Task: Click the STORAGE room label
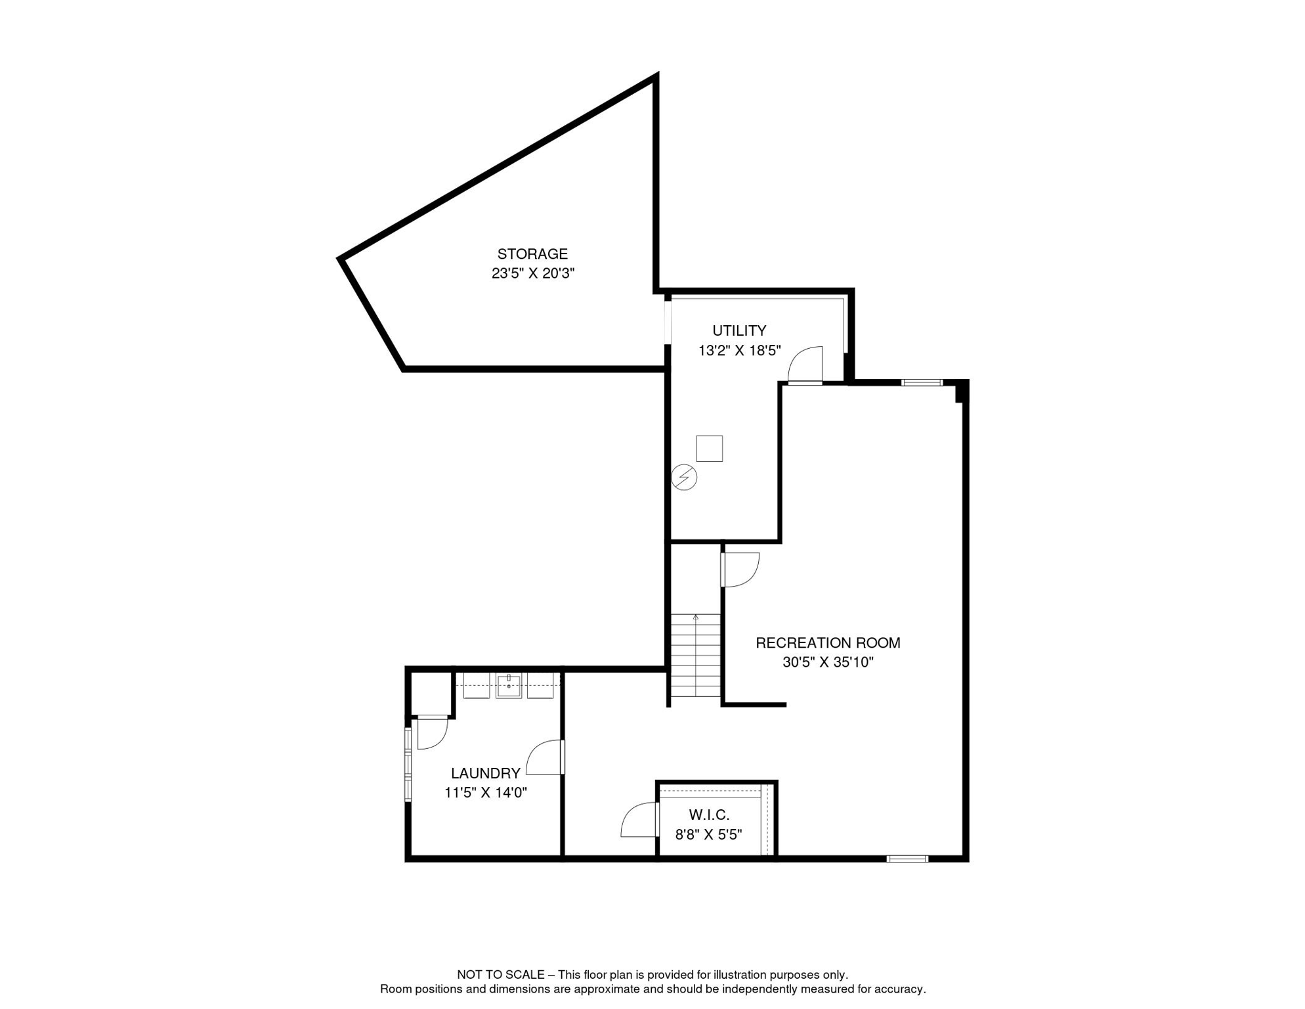pyautogui.click(x=532, y=254)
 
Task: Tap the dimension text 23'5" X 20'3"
pyautogui.click(x=532, y=273)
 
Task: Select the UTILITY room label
pyautogui.click(x=739, y=330)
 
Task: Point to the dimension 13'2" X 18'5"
pyautogui.click(x=739, y=350)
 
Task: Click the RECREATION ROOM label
pyautogui.click(x=828, y=642)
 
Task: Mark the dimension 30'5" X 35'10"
pyautogui.click(x=828, y=662)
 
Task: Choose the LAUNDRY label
pyautogui.click(x=485, y=773)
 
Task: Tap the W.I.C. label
pyautogui.click(x=709, y=815)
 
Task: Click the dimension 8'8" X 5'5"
pyautogui.click(x=708, y=834)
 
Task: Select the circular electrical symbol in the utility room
pyautogui.click(x=684, y=478)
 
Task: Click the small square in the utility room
pyautogui.click(x=709, y=449)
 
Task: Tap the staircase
pyautogui.click(x=695, y=656)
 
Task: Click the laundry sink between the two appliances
pyautogui.click(x=509, y=685)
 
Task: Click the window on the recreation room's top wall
pyautogui.click(x=922, y=382)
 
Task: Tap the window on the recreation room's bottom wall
pyautogui.click(x=907, y=858)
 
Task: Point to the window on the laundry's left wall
pyautogui.click(x=408, y=764)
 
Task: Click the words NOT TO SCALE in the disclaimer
pyautogui.click(x=500, y=975)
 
